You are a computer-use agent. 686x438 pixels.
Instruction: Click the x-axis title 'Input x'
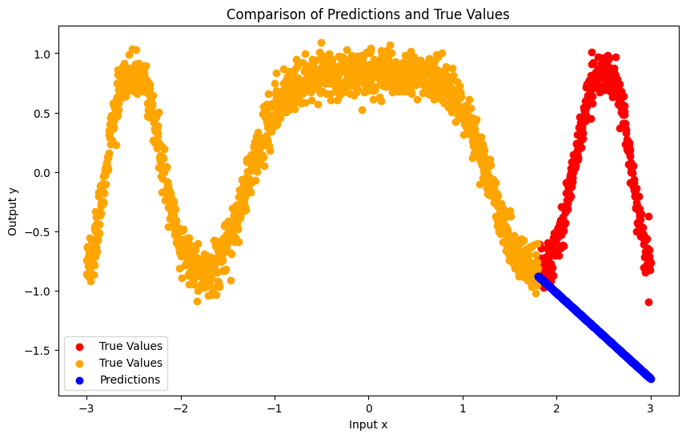click(368, 424)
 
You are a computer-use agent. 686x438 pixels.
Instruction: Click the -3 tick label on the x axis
click(86, 408)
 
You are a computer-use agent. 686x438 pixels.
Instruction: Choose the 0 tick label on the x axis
click(368, 408)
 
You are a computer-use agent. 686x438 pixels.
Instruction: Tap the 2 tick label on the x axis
click(556, 408)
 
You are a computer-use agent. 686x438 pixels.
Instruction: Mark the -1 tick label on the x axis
click(275, 408)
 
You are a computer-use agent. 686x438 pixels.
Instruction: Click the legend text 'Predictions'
click(130, 380)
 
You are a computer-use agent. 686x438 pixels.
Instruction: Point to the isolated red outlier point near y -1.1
click(648, 302)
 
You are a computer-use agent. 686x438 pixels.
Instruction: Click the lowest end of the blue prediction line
click(650, 378)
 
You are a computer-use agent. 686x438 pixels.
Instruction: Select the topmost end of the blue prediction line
click(539, 277)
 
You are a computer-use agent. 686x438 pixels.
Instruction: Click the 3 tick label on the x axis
click(651, 408)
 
